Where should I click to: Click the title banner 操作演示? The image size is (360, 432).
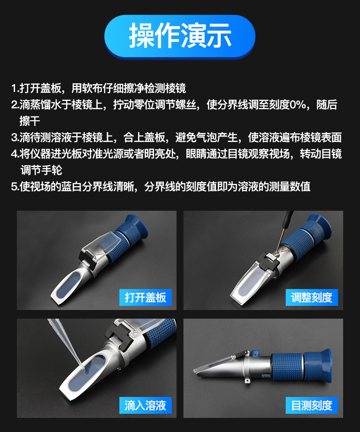[180, 36]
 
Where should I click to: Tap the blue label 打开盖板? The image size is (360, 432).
[145, 297]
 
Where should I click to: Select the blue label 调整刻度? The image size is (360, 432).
[312, 297]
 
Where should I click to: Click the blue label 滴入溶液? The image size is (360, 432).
[145, 405]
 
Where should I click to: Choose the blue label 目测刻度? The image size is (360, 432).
[312, 405]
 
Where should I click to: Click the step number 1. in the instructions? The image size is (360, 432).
[15, 88]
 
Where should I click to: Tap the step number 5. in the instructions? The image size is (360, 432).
[15, 187]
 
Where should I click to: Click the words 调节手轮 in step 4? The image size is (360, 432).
[41, 170]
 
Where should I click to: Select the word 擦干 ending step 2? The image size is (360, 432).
[30, 121]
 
